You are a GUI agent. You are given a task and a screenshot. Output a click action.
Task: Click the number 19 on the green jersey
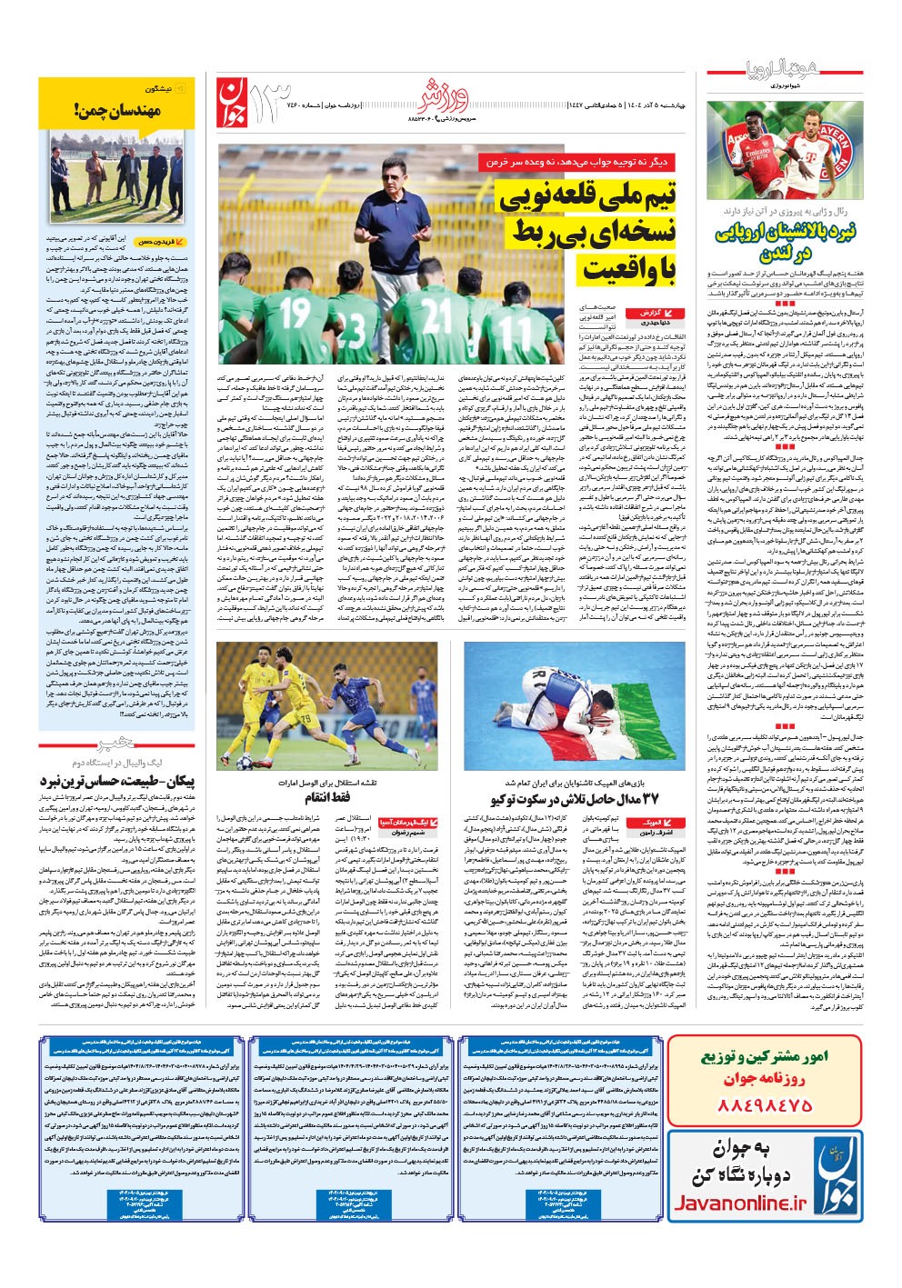[x=295, y=314]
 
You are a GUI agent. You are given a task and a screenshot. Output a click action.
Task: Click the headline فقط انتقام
[x=327, y=798]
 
